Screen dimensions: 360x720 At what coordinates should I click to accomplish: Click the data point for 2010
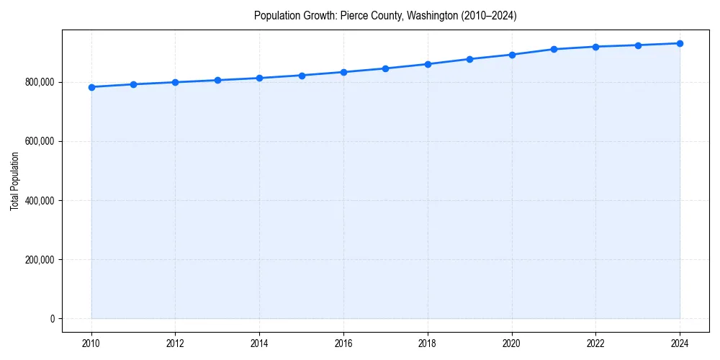pos(91,87)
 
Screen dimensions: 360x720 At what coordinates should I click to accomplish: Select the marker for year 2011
pos(133,84)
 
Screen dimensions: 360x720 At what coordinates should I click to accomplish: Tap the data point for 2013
pos(217,80)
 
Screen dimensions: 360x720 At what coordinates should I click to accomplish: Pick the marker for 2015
pos(302,76)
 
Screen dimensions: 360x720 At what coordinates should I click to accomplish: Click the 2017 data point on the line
pos(385,68)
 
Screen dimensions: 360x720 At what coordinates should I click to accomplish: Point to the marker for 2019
pos(469,59)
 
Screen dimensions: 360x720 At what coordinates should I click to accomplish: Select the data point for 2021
pos(554,49)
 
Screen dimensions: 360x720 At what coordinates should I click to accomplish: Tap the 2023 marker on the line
pos(638,45)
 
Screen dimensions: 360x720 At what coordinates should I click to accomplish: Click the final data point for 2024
pos(680,43)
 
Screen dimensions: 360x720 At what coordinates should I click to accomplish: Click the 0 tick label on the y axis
pos(52,318)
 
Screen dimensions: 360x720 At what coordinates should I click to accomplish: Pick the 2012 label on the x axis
pos(175,343)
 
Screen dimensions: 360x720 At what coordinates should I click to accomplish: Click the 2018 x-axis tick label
pos(428,343)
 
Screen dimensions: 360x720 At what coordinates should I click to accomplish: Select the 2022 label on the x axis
pos(595,343)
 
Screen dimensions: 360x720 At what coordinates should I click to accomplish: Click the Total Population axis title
pos(14,181)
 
